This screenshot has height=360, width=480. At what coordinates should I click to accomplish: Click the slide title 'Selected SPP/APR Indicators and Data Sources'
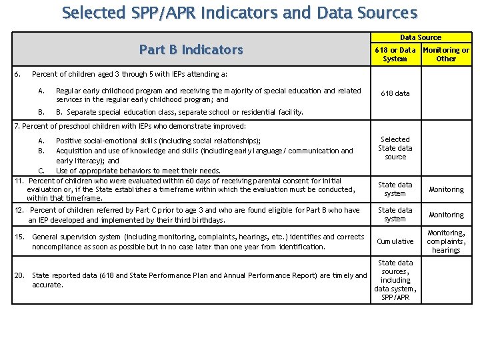pos(239,13)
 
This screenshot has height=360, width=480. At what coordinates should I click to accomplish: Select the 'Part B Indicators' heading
pos(191,49)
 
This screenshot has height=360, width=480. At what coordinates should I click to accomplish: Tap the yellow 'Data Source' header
pos(420,37)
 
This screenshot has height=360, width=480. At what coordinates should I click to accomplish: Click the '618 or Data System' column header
pos(395,54)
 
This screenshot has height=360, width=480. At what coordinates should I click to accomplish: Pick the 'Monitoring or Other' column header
pos(446,54)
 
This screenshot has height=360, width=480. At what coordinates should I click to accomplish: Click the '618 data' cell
pos(395,93)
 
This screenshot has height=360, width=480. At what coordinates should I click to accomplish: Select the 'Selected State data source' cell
pos(395,148)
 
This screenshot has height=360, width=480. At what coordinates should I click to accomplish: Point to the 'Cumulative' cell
pos(395,241)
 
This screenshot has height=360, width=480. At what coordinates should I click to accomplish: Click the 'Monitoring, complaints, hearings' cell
pos(446,241)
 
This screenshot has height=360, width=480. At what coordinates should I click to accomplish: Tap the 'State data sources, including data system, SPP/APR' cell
pos(395,280)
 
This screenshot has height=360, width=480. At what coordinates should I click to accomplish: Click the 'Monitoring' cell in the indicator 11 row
pos(446,189)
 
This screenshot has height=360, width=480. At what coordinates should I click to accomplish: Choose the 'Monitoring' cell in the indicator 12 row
pos(446,215)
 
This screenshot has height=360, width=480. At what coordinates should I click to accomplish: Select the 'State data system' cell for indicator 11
pos(395,189)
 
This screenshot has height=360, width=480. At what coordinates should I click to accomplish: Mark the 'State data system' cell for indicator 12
pos(395,214)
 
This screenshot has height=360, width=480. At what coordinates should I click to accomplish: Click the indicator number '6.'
pos(19,74)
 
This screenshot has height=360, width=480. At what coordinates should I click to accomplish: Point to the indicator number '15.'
pos(20,237)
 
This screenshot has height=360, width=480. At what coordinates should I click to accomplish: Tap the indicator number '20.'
pos(20,275)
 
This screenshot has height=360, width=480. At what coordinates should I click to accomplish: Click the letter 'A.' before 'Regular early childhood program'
pos(41,91)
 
